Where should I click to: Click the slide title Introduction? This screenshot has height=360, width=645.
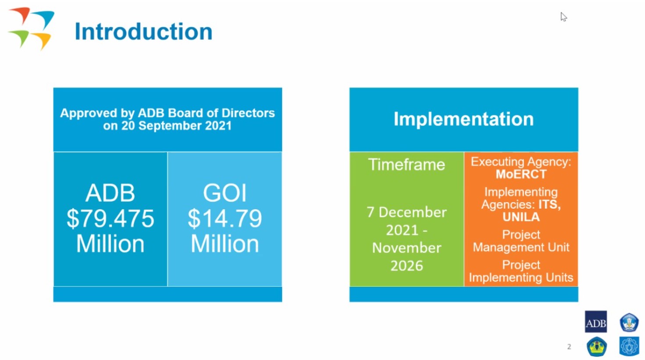(143, 32)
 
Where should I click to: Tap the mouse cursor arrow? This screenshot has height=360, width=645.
(563, 17)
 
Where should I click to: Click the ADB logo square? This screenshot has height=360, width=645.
(596, 322)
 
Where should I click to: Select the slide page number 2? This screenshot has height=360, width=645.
(569, 347)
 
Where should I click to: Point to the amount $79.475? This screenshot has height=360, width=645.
(110, 219)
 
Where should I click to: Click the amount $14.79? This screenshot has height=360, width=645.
(225, 219)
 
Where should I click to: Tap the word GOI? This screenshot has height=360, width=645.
(225, 193)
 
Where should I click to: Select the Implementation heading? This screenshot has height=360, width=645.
(463, 119)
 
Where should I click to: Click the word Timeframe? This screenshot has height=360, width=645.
(406, 164)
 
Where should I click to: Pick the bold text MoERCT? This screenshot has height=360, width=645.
(521, 174)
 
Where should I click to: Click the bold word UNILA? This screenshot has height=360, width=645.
(521, 217)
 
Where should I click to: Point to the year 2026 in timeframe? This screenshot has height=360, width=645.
(406, 266)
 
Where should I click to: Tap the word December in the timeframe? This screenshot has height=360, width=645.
(412, 212)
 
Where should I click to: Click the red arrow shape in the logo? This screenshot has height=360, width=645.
(20, 15)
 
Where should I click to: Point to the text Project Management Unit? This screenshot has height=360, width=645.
(521, 241)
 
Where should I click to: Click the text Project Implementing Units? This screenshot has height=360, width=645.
(521, 271)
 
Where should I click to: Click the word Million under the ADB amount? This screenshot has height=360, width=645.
(110, 244)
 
